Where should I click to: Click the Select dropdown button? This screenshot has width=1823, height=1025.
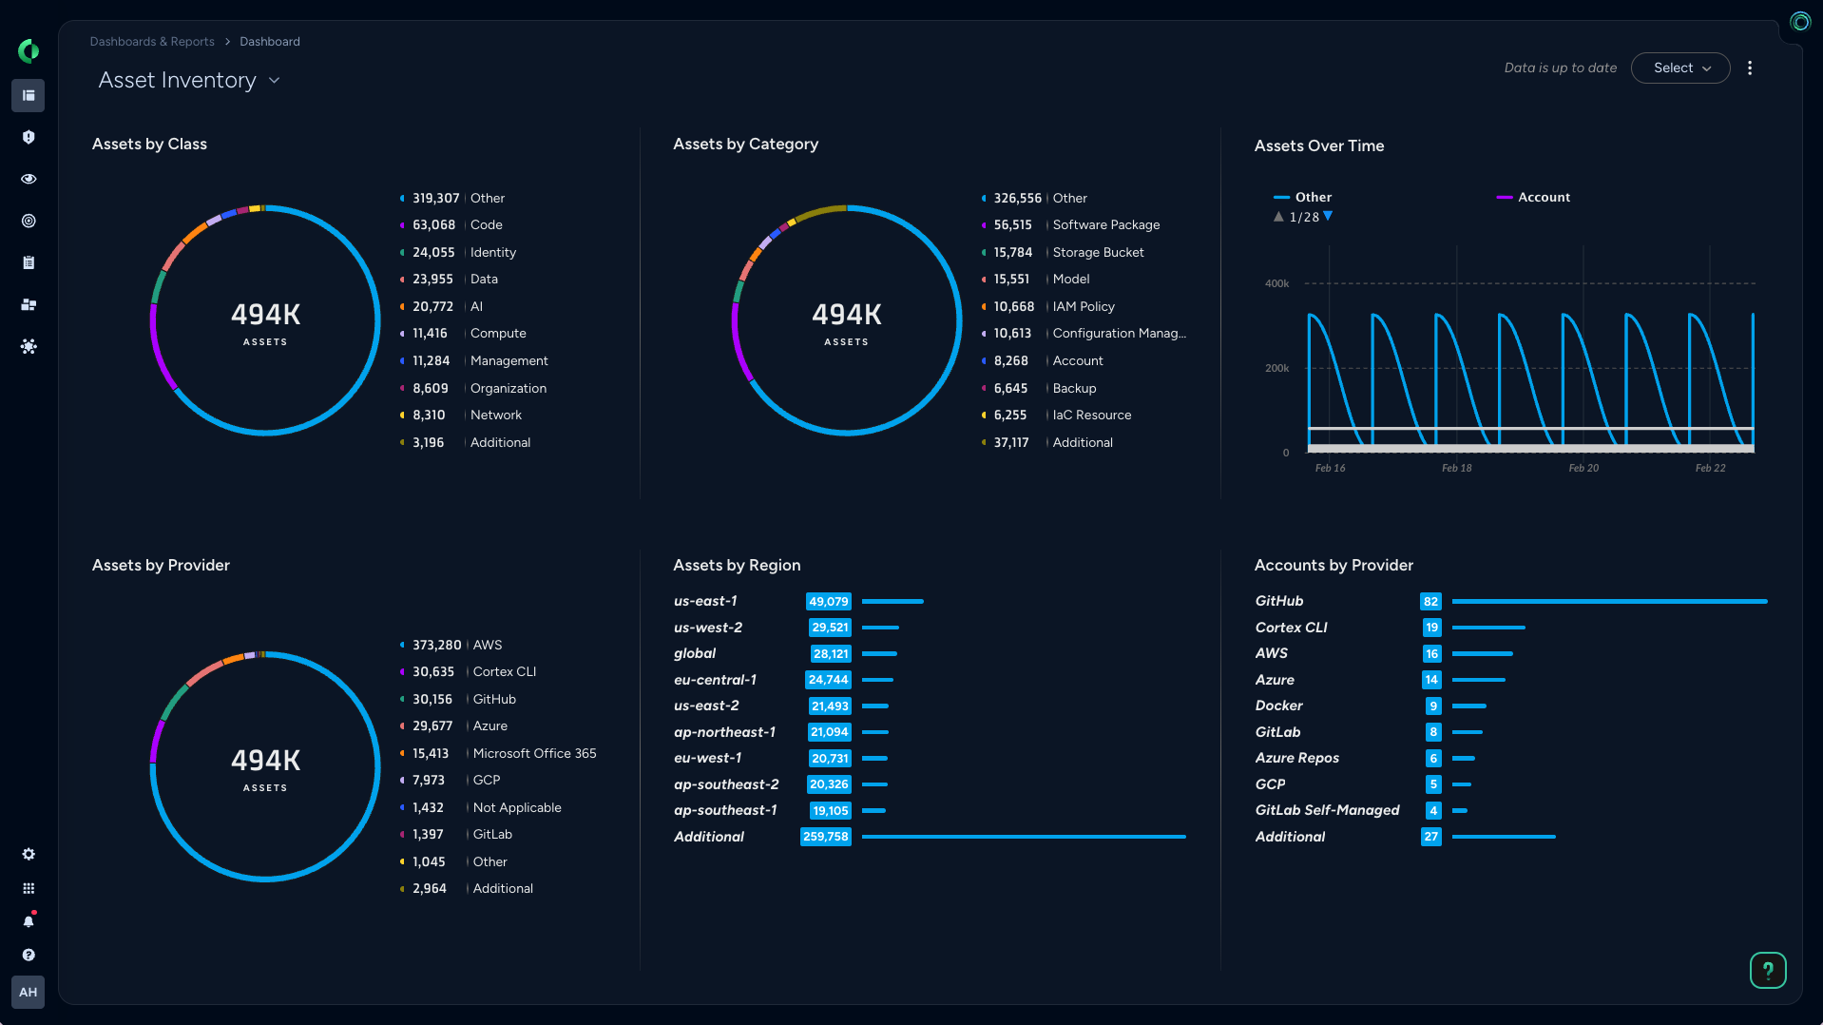1679,68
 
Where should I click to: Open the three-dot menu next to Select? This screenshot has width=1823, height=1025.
1749,68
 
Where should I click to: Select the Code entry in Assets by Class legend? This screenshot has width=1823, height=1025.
486,225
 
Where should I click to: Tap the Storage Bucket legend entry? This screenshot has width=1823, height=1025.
1097,253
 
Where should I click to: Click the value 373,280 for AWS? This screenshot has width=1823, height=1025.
436,646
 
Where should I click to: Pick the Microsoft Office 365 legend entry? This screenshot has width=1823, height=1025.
534,754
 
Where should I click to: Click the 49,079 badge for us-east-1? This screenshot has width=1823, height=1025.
828,602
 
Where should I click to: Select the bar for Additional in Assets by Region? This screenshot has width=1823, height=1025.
1023,837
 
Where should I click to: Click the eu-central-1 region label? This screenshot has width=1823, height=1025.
715,680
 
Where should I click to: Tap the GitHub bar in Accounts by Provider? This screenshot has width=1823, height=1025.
1608,602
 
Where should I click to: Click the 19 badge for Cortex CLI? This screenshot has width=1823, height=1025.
1431,628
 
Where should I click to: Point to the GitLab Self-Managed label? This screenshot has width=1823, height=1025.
1327,810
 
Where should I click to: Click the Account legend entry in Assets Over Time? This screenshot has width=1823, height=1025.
1543,198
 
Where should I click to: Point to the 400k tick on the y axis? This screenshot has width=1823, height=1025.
1276,283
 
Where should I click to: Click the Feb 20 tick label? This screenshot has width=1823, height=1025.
1583,468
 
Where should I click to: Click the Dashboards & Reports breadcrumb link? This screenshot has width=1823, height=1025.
152,42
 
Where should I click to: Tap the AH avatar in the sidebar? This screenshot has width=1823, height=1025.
29,992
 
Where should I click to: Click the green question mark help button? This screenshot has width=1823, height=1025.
1767,970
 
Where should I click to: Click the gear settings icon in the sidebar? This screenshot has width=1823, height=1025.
29,854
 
